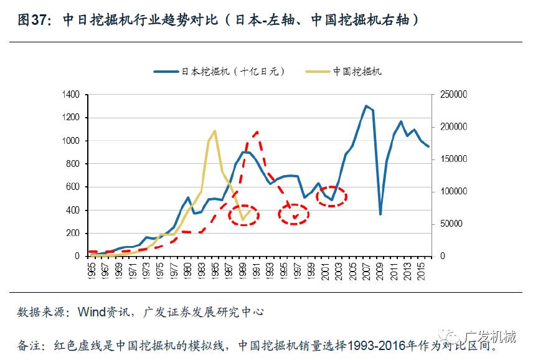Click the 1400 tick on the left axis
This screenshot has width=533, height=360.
tap(72, 95)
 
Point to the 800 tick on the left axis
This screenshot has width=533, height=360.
tap(74, 164)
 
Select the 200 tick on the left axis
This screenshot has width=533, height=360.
tap(74, 233)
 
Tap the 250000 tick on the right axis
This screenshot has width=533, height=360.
tap(452, 95)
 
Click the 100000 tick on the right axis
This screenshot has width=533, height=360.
tap(452, 191)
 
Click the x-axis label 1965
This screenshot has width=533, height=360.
tap(92, 268)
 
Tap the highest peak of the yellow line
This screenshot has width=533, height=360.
tap(215, 131)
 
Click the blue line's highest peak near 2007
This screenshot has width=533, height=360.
tap(366, 106)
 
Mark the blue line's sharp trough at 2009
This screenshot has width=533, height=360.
tap(380, 214)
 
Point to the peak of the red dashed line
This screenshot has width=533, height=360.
tap(257, 132)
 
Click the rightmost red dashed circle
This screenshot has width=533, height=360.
tap(331, 197)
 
